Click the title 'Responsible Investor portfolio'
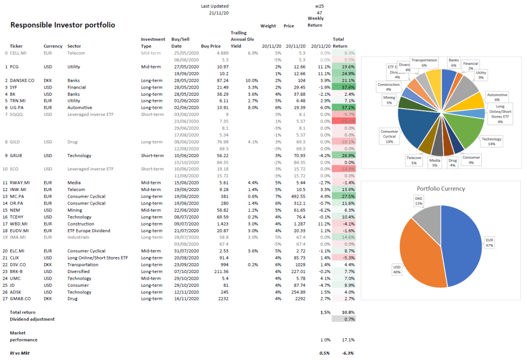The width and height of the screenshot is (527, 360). (63, 25)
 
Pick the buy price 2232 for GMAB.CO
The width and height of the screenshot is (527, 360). (221, 298)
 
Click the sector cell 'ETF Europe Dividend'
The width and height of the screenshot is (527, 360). (89, 230)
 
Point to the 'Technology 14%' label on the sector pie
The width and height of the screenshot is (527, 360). (491, 141)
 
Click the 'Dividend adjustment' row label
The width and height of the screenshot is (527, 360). (32, 319)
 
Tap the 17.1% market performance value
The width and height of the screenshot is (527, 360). (348, 340)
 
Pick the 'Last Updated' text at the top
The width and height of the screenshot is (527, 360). (214, 6)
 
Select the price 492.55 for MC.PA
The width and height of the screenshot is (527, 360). (296, 196)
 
